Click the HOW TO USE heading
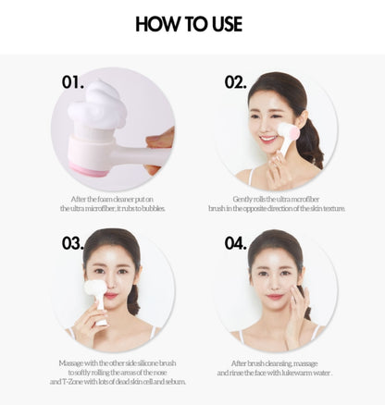click(x=189, y=24)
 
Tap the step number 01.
click(x=72, y=82)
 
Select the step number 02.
click(x=235, y=82)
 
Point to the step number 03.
click(x=72, y=243)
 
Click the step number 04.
click(x=235, y=243)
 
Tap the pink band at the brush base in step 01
click(x=90, y=170)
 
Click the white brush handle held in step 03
click(x=102, y=312)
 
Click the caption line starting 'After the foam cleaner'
click(x=112, y=199)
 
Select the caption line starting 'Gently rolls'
click(x=276, y=199)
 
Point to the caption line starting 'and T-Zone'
click(x=118, y=382)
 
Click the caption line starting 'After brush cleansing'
click(x=274, y=363)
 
